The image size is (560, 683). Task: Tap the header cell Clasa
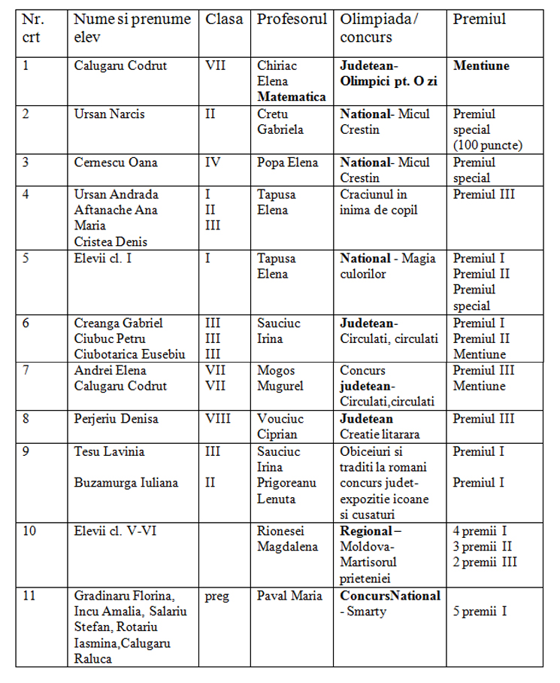(225, 20)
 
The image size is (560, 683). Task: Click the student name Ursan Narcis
(110, 114)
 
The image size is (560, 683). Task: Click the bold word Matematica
(292, 97)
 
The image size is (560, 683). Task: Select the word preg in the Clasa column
(216, 596)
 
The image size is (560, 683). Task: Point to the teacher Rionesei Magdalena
(288, 539)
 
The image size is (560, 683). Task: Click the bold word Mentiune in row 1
(481, 65)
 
